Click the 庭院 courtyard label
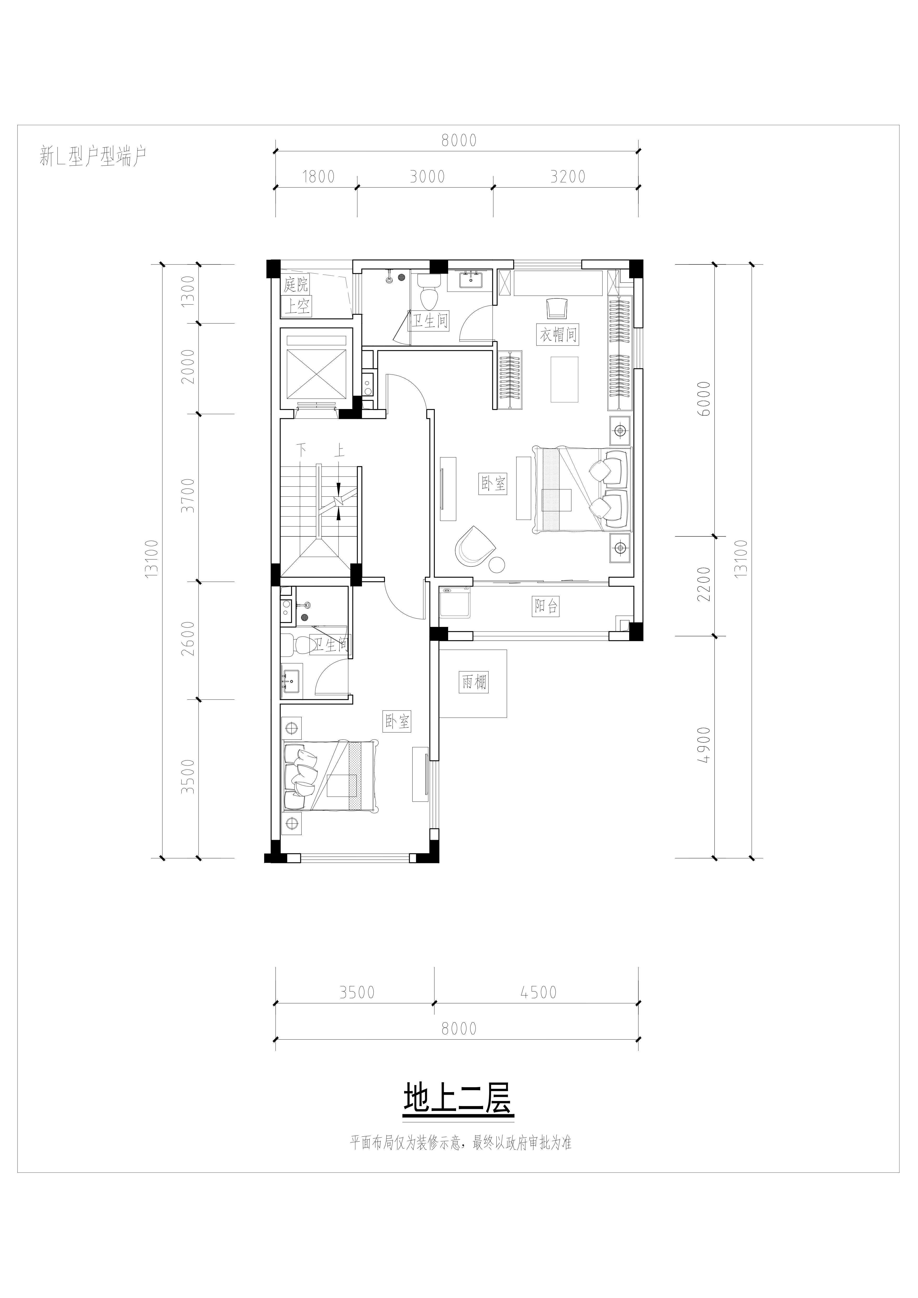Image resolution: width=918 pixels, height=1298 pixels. coord(296,284)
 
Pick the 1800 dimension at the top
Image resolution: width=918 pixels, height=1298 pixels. coord(318,177)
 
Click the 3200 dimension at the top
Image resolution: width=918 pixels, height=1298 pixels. coord(568,177)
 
